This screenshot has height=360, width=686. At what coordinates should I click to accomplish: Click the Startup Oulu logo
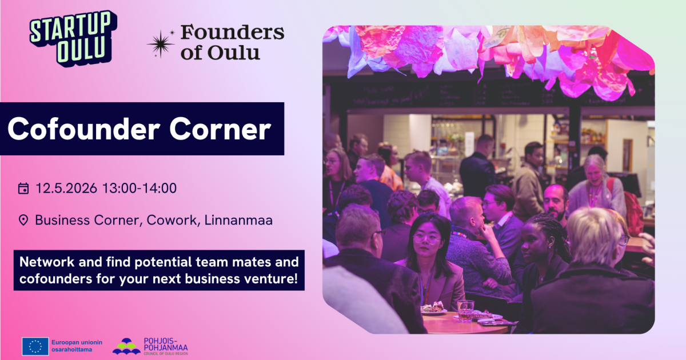(x=73, y=38)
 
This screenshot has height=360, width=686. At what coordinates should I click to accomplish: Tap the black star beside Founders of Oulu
(x=161, y=44)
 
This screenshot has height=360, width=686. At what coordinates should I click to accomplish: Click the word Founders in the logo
(x=233, y=33)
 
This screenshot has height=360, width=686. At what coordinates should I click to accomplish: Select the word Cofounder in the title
(x=83, y=129)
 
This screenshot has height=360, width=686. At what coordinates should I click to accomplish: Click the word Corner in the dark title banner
(x=220, y=129)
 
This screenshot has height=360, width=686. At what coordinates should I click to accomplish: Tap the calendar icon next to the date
(x=23, y=188)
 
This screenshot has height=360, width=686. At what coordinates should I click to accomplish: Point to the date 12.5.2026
(x=66, y=188)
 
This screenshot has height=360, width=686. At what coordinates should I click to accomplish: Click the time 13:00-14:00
(x=139, y=188)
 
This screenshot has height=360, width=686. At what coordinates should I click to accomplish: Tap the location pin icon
(x=23, y=220)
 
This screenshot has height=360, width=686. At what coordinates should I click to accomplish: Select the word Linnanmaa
(x=238, y=220)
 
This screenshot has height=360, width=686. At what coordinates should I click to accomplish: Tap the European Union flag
(x=35, y=346)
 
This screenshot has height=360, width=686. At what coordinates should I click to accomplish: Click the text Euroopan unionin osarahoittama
(x=77, y=346)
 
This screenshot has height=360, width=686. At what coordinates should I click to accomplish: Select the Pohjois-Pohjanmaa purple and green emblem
(x=126, y=346)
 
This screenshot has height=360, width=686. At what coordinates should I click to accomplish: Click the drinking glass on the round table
(x=465, y=311)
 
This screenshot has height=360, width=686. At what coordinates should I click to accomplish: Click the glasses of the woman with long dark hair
(x=426, y=238)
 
